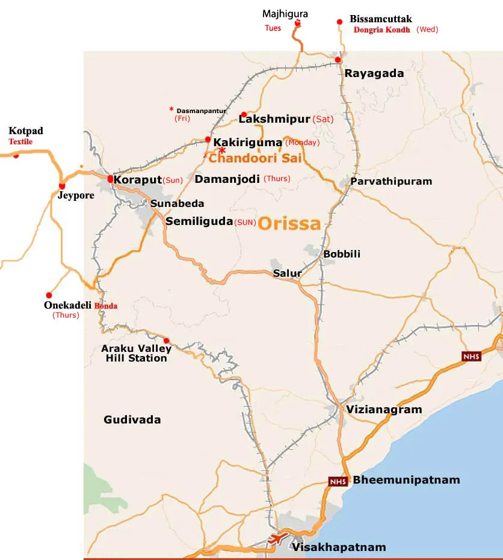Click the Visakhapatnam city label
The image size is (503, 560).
click(x=338, y=547)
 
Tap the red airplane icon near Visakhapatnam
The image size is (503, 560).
click(x=279, y=537)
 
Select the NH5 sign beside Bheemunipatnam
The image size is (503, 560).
click(x=337, y=481)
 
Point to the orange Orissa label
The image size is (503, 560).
click(x=289, y=224)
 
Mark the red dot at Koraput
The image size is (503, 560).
click(x=110, y=179)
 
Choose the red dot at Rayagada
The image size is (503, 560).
click(x=338, y=60)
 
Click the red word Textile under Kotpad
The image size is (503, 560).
click(x=20, y=142)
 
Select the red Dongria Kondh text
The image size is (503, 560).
click(x=381, y=29)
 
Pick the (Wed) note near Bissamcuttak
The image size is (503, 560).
click(x=428, y=29)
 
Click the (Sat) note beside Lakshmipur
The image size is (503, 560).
click(x=322, y=119)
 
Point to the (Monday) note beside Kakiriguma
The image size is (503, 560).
click(x=303, y=143)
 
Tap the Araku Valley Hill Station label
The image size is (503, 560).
click(x=136, y=353)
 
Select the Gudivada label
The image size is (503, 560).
click(x=132, y=419)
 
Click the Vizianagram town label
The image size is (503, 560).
click(x=384, y=409)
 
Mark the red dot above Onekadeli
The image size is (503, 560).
click(x=49, y=295)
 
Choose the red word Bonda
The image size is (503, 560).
click(x=106, y=306)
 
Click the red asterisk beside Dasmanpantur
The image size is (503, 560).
click(x=171, y=109)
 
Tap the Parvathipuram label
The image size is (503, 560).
click(x=391, y=181)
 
